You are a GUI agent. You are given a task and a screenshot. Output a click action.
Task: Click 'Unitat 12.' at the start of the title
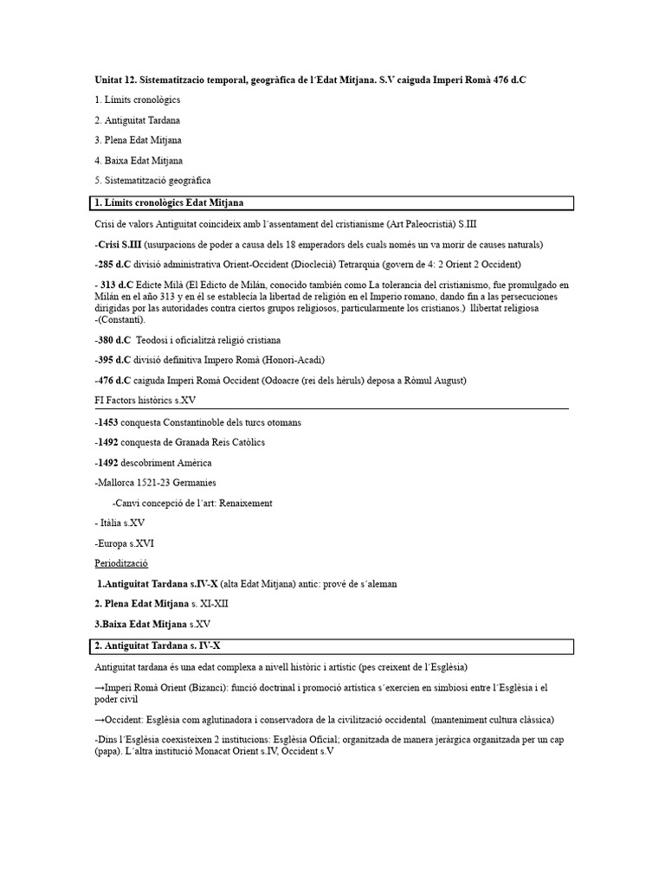click(x=115, y=80)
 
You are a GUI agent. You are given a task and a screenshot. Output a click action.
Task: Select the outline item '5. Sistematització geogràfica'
click(x=152, y=180)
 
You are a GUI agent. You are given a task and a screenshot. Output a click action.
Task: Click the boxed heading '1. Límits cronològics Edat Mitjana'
click(x=169, y=203)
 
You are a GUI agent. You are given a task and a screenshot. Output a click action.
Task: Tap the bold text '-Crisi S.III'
click(x=118, y=244)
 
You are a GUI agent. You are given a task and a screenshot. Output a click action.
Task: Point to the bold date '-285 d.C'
click(x=113, y=265)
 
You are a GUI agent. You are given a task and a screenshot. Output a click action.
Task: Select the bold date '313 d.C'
click(x=117, y=285)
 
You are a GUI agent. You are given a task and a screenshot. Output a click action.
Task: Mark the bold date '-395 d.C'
click(x=113, y=360)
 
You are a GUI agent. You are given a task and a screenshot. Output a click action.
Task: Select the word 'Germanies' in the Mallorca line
click(x=194, y=483)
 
